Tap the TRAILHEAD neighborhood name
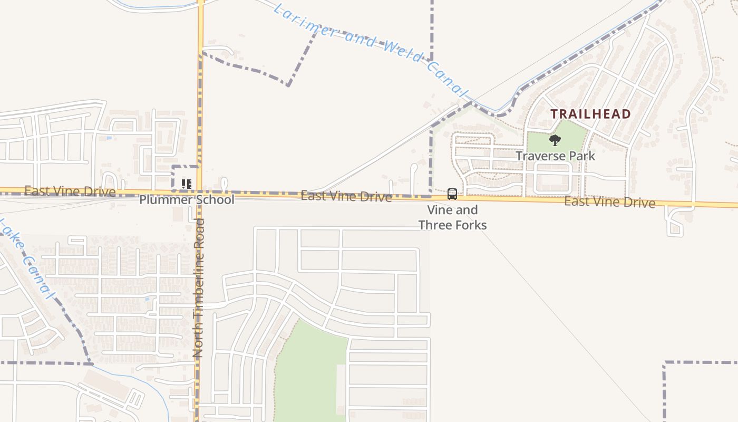click(x=590, y=114)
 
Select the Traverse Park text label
click(x=555, y=156)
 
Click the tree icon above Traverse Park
click(x=555, y=140)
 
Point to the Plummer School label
click(x=187, y=200)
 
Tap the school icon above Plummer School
click(x=186, y=184)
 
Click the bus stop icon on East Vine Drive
click(x=452, y=194)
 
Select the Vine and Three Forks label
click(x=452, y=217)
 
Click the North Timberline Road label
click(x=199, y=287)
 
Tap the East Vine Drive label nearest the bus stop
click(x=346, y=197)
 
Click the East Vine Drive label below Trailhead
click(x=609, y=202)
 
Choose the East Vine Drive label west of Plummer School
click(x=70, y=191)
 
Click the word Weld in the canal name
click(x=401, y=51)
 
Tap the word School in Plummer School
click(x=215, y=200)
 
